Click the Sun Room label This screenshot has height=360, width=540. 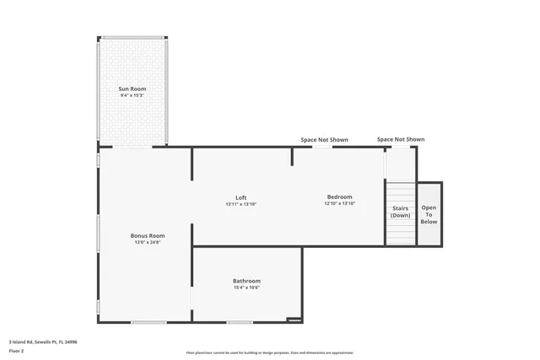[x=133, y=89]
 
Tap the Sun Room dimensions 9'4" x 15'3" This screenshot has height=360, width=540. [x=133, y=96]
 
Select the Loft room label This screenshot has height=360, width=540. [x=240, y=197]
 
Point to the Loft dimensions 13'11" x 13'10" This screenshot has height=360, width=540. [x=240, y=205]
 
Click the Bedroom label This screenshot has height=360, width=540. [x=339, y=197]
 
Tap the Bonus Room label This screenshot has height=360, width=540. [x=147, y=235]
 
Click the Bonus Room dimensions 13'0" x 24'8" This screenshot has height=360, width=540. [x=147, y=243]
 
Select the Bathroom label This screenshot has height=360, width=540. [x=246, y=281]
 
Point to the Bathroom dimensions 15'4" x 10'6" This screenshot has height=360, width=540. [x=246, y=288]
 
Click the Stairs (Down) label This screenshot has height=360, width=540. [x=400, y=211]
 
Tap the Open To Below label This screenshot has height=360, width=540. [x=429, y=214]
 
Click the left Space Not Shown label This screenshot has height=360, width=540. [x=325, y=140]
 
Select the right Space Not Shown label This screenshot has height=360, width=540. [x=400, y=139]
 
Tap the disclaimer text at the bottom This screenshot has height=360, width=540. [x=269, y=352]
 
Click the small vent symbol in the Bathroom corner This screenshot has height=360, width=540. [x=294, y=320]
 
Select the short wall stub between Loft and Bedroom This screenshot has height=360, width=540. [x=293, y=157]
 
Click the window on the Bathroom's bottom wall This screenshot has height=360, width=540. [x=240, y=322]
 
